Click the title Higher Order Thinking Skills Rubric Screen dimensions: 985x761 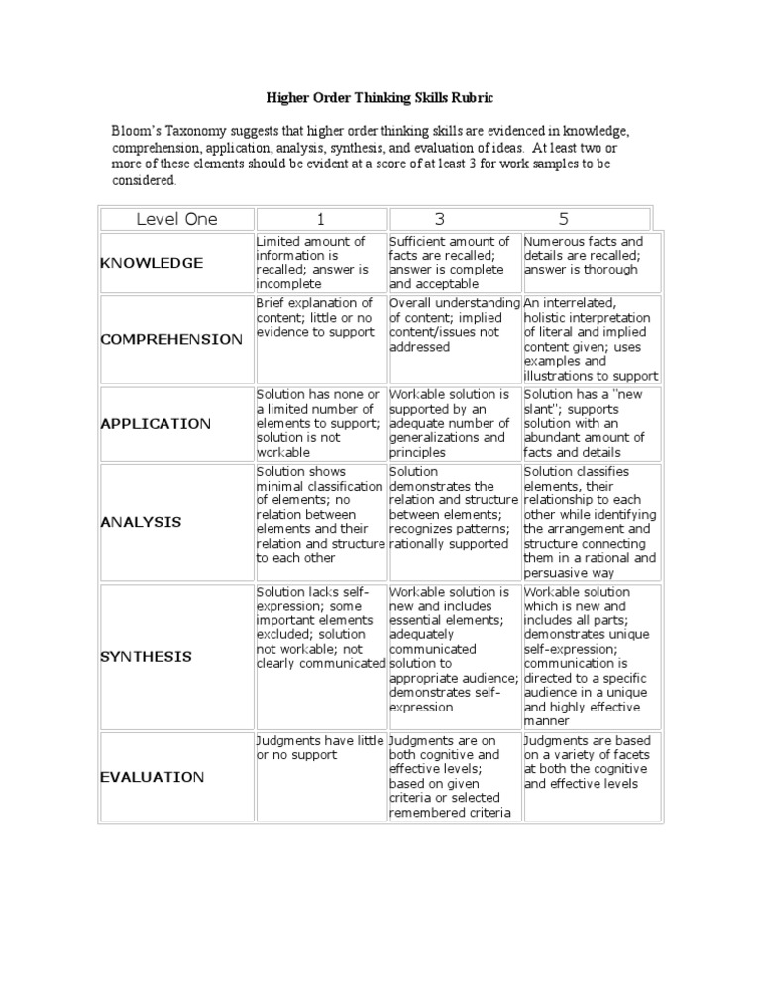380,98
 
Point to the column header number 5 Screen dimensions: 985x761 563,219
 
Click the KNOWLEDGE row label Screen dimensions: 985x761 152,263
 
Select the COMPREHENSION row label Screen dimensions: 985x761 171,339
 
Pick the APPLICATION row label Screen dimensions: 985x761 156,423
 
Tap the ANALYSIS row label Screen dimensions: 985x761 141,522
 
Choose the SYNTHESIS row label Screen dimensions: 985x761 147,657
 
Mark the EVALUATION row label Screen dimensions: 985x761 153,777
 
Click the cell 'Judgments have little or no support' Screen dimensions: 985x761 319,747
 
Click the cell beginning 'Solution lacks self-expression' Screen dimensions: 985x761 319,627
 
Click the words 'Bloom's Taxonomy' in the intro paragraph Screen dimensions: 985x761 169,132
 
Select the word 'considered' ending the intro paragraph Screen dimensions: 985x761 143,181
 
